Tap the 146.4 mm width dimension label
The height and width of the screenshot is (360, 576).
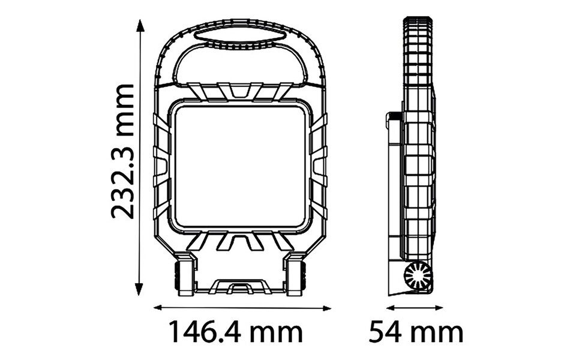(235, 332)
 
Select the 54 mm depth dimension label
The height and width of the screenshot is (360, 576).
(415, 332)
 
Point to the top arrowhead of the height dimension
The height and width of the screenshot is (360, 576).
(140, 24)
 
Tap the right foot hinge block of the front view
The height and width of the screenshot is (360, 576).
(297, 275)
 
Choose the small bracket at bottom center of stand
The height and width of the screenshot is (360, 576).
(241, 287)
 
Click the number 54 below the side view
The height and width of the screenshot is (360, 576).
(384, 332)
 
